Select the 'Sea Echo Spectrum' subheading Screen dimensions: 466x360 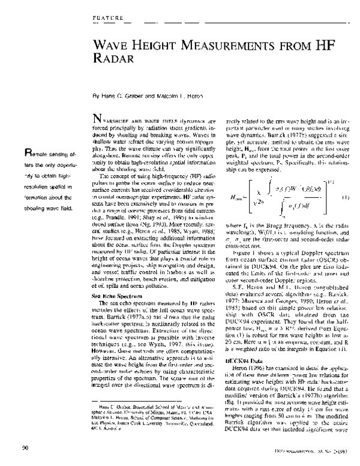pyautogui.click(x=115, y=279)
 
